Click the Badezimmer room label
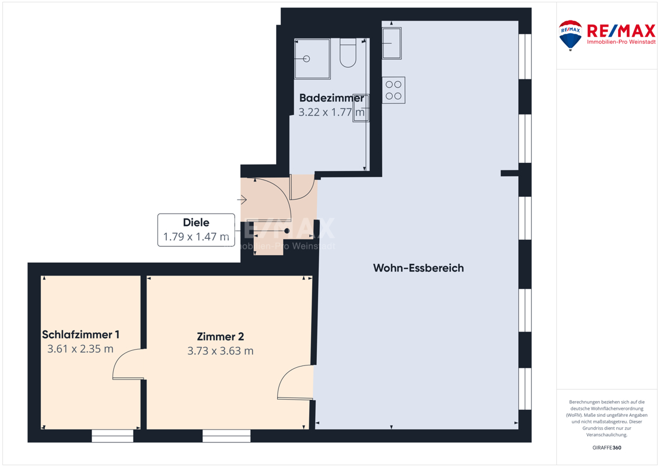tap(331, 97)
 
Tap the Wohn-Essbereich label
tap(418, 268)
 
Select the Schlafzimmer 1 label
tap(81, 334)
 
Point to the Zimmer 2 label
tap(220, 336)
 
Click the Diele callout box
tap(196, 230)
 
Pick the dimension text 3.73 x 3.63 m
tap(220, 351)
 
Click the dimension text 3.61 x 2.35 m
tap(81, 348)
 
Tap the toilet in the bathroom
tap(348, 53)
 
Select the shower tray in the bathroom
tap(312, 59)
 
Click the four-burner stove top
tap(393, 90)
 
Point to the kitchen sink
tap(392, 43)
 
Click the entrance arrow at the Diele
tap(242, 199)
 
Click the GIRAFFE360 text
tap(606, 448)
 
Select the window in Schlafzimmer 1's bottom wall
tap(113, 436)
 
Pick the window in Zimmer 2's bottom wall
tap(226, 436)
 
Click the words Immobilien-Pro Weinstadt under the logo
tap(621, 42)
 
